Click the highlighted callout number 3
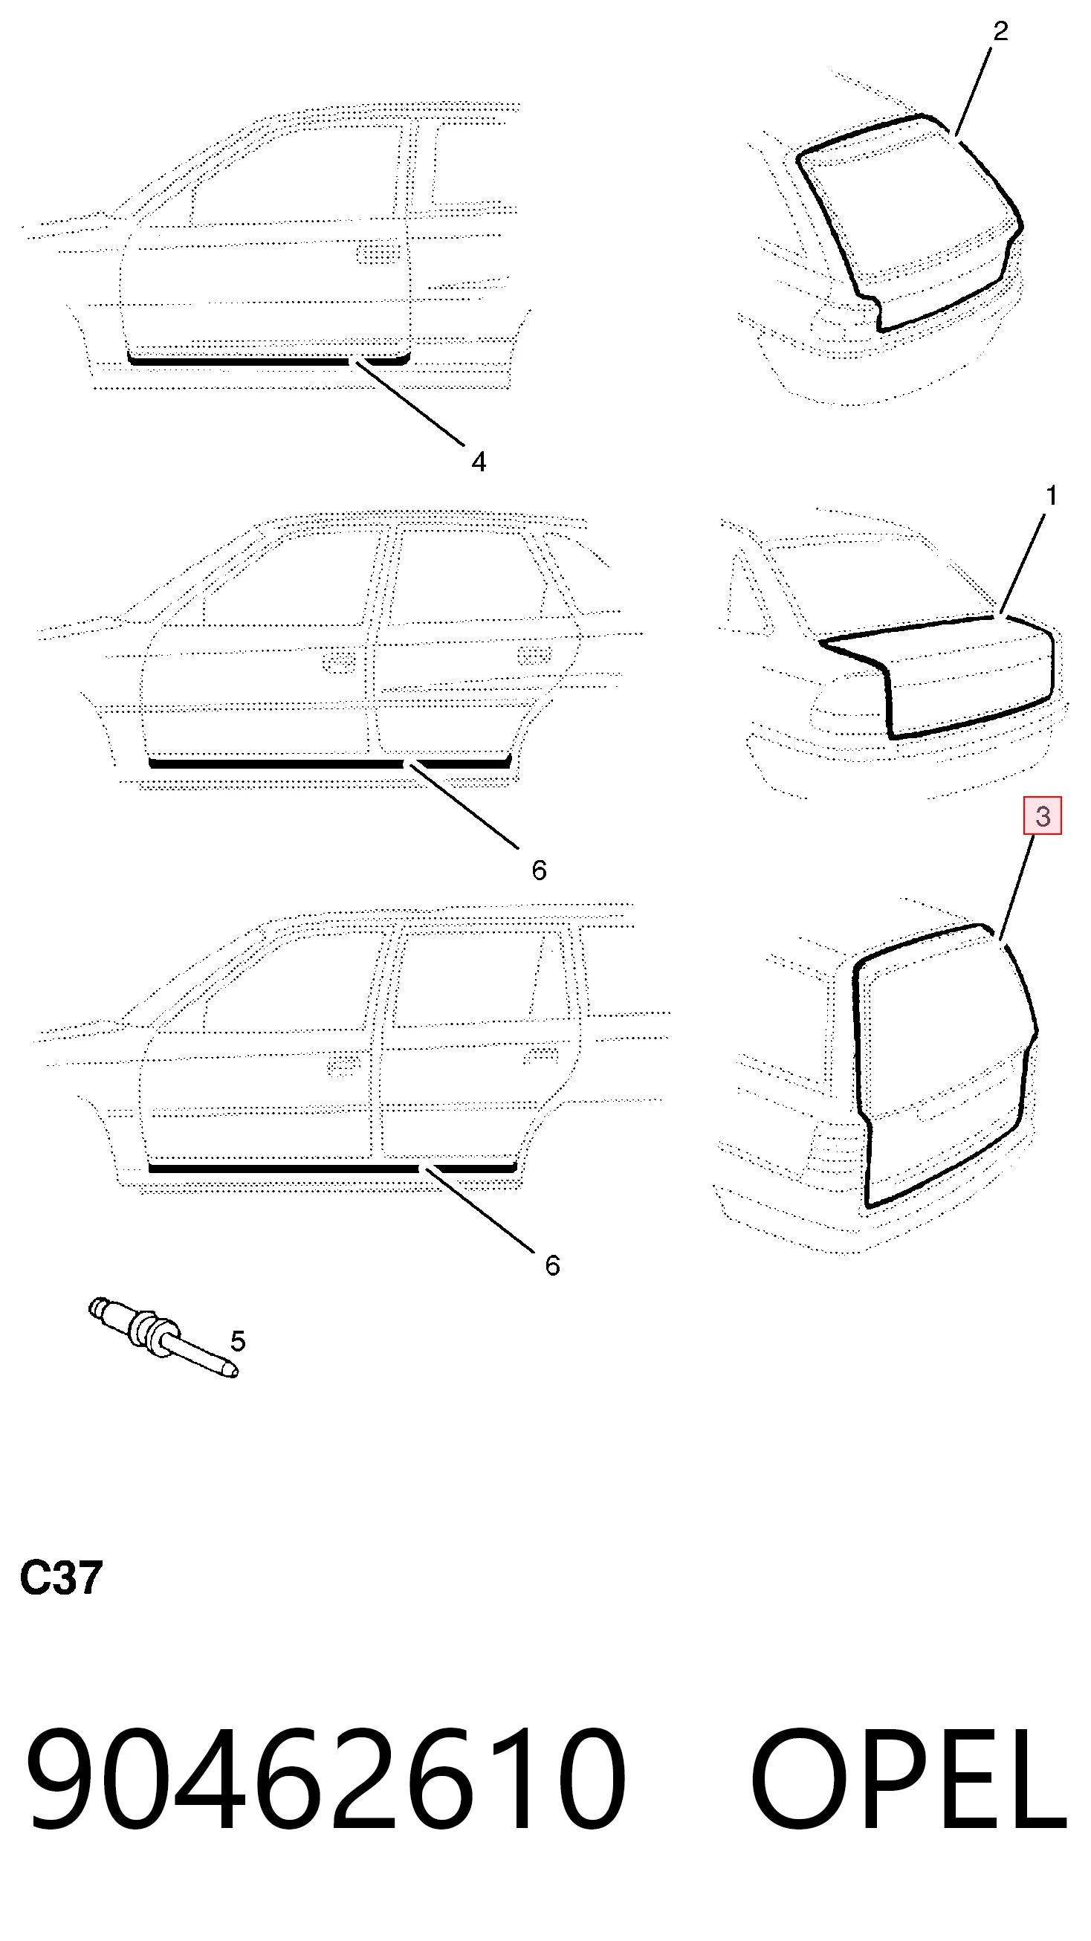[x=1042, y=816]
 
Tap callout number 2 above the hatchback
[x=1000, y=31]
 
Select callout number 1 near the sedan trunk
[x=1051, y=496]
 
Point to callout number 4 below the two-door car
[x=479, y=461]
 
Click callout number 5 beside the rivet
[x=237, y=1340]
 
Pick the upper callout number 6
[x=539, y=871]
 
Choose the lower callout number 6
[x=552, y=1265]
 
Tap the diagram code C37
[x=61, y=1578]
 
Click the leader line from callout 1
[x=1023, y=564]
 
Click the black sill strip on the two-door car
[x=268, y=360]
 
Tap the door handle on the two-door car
[x=378, y=251]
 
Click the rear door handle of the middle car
[x=535, y=654]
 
